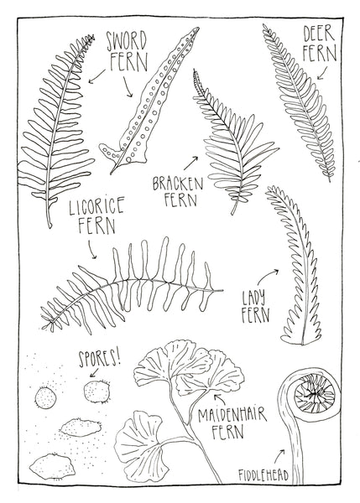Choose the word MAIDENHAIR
point(232,413)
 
